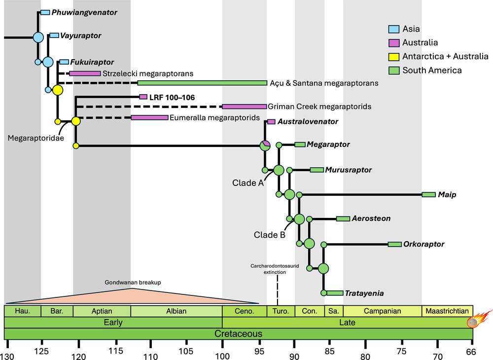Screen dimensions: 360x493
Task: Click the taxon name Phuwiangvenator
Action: click(x=84, y=12)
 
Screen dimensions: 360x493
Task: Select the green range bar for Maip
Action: click(x=429, y=195)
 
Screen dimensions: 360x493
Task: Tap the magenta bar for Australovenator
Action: click(x=271, y=122)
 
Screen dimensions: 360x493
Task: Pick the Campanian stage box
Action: click(x=383, y=311)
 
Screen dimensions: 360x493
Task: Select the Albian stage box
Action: click(x=176, y=311)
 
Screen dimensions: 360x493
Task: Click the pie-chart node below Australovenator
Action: click(x=265, y=145)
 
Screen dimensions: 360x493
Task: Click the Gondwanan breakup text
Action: click(x=133, y=282)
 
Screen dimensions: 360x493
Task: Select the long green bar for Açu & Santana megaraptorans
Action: click(x=202, y=83)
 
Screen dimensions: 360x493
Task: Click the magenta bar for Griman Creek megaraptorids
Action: click(x=244, y=107)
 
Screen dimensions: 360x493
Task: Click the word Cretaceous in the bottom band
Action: click(x=238, y=334)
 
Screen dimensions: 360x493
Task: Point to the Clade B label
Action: click(x=270, y=235)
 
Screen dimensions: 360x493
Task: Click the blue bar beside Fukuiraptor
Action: click(x=64, y=62)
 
